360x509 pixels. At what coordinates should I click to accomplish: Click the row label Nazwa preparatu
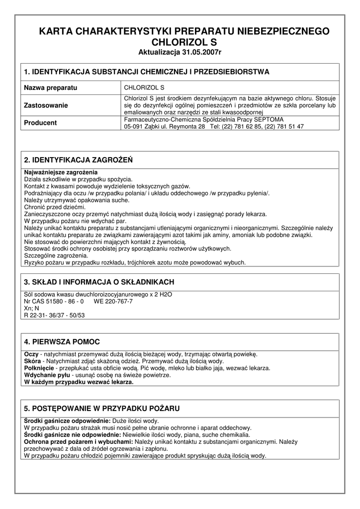51,87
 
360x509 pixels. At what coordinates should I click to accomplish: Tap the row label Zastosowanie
46,105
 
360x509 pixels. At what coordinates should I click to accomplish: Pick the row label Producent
40,123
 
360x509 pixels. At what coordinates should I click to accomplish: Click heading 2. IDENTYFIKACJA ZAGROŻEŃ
78,160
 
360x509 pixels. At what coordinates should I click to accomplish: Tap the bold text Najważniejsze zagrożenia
61,172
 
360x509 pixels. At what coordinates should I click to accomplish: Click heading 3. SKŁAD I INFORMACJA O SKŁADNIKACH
99,282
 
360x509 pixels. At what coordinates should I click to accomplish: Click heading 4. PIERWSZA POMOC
62,341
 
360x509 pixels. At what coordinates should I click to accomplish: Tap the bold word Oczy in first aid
31,354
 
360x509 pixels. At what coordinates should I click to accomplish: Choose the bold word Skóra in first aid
32,361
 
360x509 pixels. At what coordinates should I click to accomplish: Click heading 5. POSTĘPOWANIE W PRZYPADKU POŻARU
102,408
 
